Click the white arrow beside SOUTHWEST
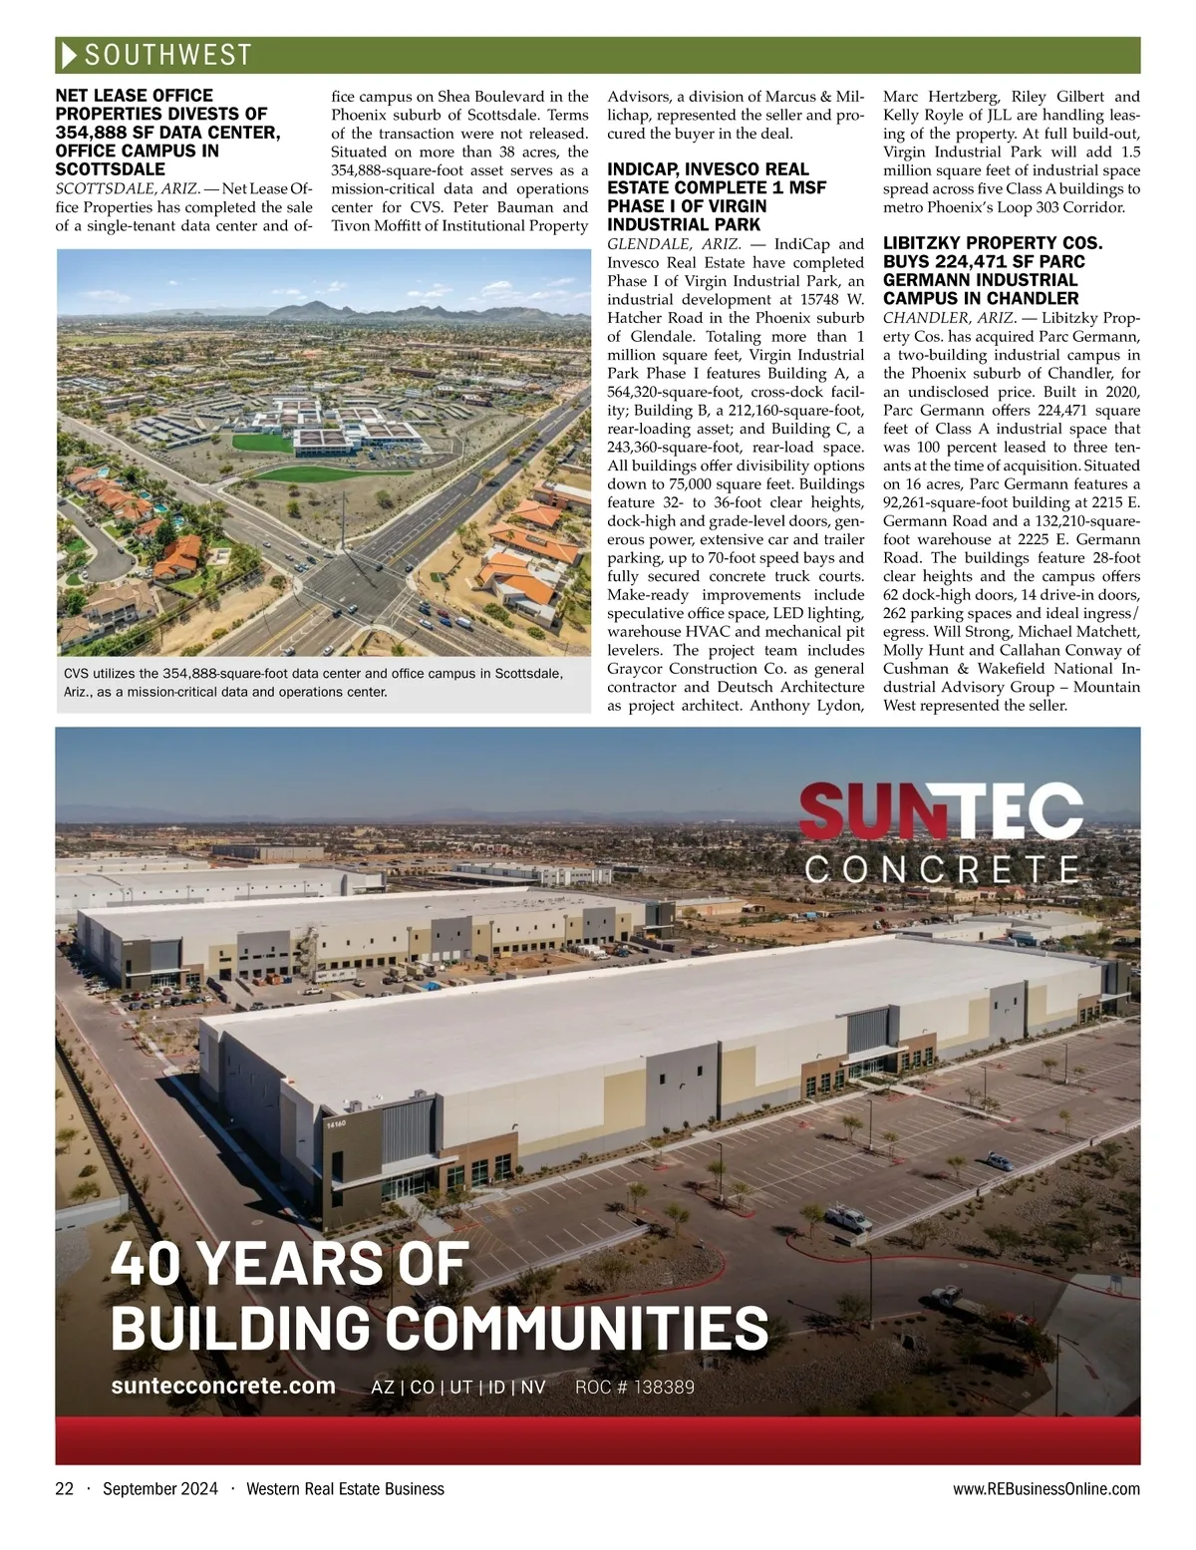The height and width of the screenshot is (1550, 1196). tap(68, 55)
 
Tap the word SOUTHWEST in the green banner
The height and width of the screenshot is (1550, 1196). tap(167, 55)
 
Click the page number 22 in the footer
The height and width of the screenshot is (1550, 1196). tap(65, 1489)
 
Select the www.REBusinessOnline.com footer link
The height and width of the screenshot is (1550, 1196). tap(1046, 1489)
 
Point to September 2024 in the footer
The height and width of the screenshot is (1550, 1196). tap(159, 1489)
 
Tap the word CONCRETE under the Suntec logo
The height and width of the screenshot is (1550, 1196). tap(942, 869)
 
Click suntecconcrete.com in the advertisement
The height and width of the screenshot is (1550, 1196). tap(223, 1386)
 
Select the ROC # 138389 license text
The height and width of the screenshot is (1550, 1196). tap(635, 1387)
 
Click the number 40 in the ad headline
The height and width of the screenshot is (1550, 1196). tap(149, 1263)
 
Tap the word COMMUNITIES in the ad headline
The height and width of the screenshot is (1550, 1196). tap(576, 1328)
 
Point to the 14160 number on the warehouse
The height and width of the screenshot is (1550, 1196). tap(336, 1124)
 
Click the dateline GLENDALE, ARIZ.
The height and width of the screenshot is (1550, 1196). tap(674, 244)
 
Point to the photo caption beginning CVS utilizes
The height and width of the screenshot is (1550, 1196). tap(313, 683)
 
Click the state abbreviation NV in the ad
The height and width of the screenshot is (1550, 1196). tap(533, 1387)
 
